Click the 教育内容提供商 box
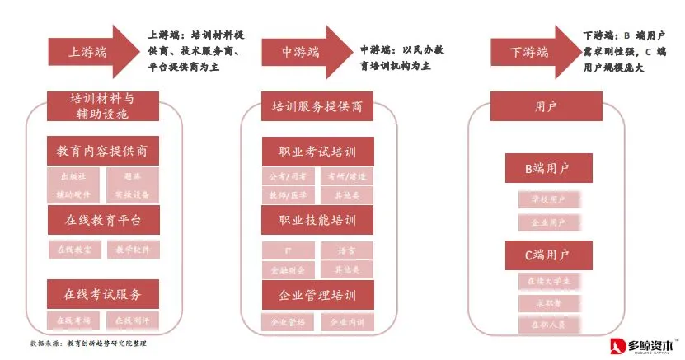pos(103,152)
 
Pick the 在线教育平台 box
pos(103,220)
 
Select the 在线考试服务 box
pos(103,292)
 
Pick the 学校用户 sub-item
pos(547,199)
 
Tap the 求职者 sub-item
pos(547,304)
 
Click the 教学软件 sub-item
pos(133,249)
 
